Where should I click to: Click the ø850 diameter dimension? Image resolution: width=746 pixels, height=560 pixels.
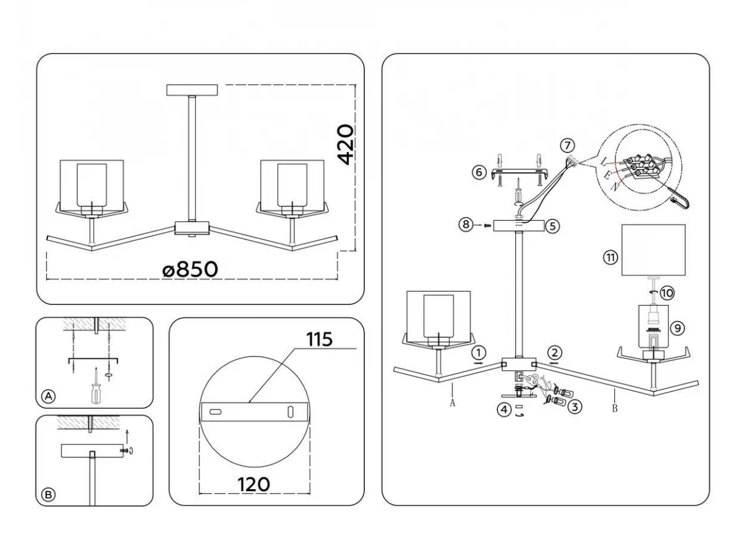[x=190, y=269]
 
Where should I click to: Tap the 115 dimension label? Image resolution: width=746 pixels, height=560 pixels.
[x=319, y=339]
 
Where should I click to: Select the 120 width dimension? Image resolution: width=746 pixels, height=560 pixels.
[x=254, y=485]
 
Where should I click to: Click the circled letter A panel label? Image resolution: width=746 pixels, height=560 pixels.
[x=48, y=396]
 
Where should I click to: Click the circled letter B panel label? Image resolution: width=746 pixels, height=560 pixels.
[x=48, y=495]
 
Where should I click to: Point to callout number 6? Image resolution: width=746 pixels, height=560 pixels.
[x=479, y=172]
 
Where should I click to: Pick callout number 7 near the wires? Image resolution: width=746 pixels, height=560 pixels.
[x=567, y=146]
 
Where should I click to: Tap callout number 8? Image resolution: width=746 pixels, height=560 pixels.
[x=466, y=225]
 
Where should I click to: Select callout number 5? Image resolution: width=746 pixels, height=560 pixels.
[x=552, y=226]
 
